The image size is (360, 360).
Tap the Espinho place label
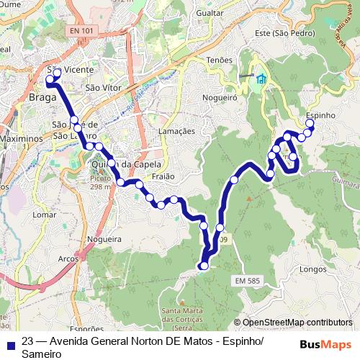(320, 115)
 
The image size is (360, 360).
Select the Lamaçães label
(176, 131)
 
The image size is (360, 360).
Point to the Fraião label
(163, 176)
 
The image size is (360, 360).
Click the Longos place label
(313, 269)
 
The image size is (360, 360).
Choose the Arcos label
(68, 258)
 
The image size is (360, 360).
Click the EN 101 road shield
(82, 31)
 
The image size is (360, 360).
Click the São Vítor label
(101, 88)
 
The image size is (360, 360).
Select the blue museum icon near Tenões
(260, 78)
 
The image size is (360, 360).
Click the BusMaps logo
(325, 344)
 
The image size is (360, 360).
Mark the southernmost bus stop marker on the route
(204, 266)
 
